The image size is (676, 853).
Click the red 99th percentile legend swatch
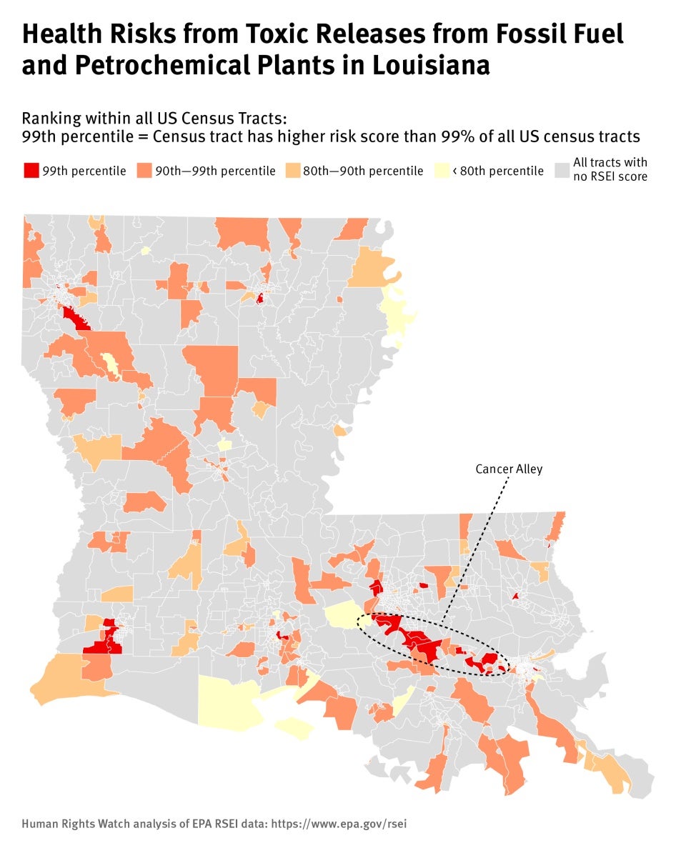click(x=31, y=171)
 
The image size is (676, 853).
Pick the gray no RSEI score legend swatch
click(x=562, y=171)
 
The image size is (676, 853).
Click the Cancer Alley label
click(x=509, y=469)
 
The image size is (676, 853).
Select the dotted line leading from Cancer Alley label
click(x=477, y=547)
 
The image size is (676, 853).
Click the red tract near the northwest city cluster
click(x=74, y=317)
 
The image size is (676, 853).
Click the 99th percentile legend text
click(x=84, y=171)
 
